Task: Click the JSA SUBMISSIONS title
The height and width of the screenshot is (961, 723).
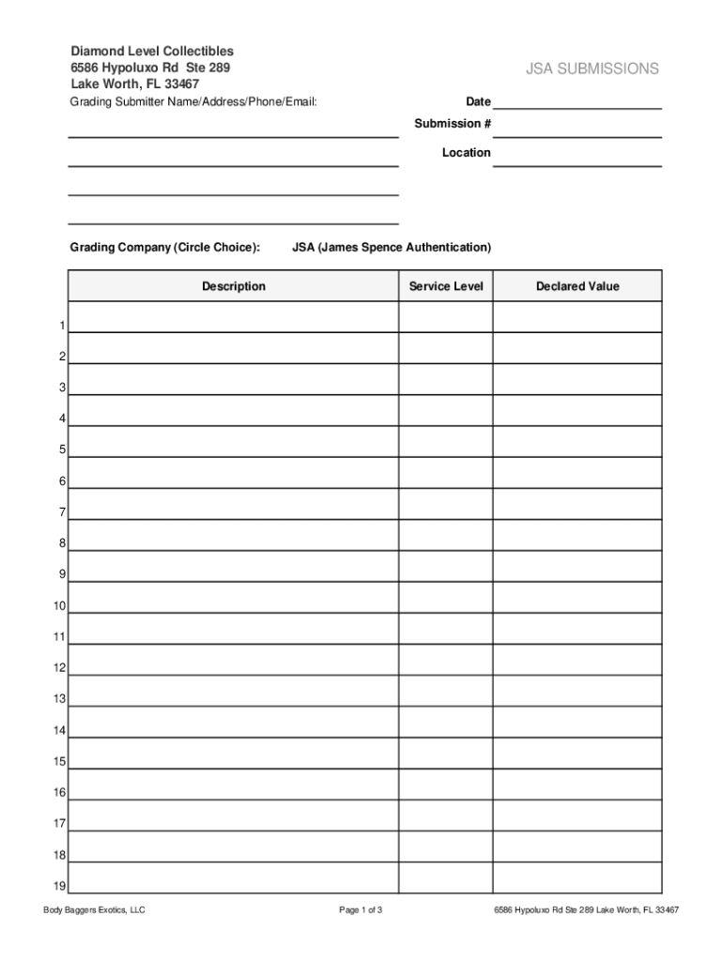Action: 592,69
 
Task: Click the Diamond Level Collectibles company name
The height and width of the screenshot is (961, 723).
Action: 152,51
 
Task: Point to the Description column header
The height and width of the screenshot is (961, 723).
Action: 233,286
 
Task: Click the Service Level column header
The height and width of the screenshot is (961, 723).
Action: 446,286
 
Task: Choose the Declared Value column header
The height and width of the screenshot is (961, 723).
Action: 577,286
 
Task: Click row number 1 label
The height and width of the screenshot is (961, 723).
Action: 61,326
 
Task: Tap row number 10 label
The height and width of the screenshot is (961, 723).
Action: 59,606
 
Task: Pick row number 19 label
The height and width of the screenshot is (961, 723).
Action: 59,886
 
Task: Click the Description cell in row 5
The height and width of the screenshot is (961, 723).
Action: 233,442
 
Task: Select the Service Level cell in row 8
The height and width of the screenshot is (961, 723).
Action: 446,535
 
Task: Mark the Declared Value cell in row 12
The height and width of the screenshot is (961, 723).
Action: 577,660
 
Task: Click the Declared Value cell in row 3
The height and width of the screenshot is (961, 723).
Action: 577,379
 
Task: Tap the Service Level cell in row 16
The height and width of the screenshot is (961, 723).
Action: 446,784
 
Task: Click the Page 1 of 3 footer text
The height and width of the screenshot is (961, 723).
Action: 361,910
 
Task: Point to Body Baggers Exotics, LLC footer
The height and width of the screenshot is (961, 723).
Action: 94,910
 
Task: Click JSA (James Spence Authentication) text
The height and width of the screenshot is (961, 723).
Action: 392,248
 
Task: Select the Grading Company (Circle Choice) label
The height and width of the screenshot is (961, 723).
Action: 164,248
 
